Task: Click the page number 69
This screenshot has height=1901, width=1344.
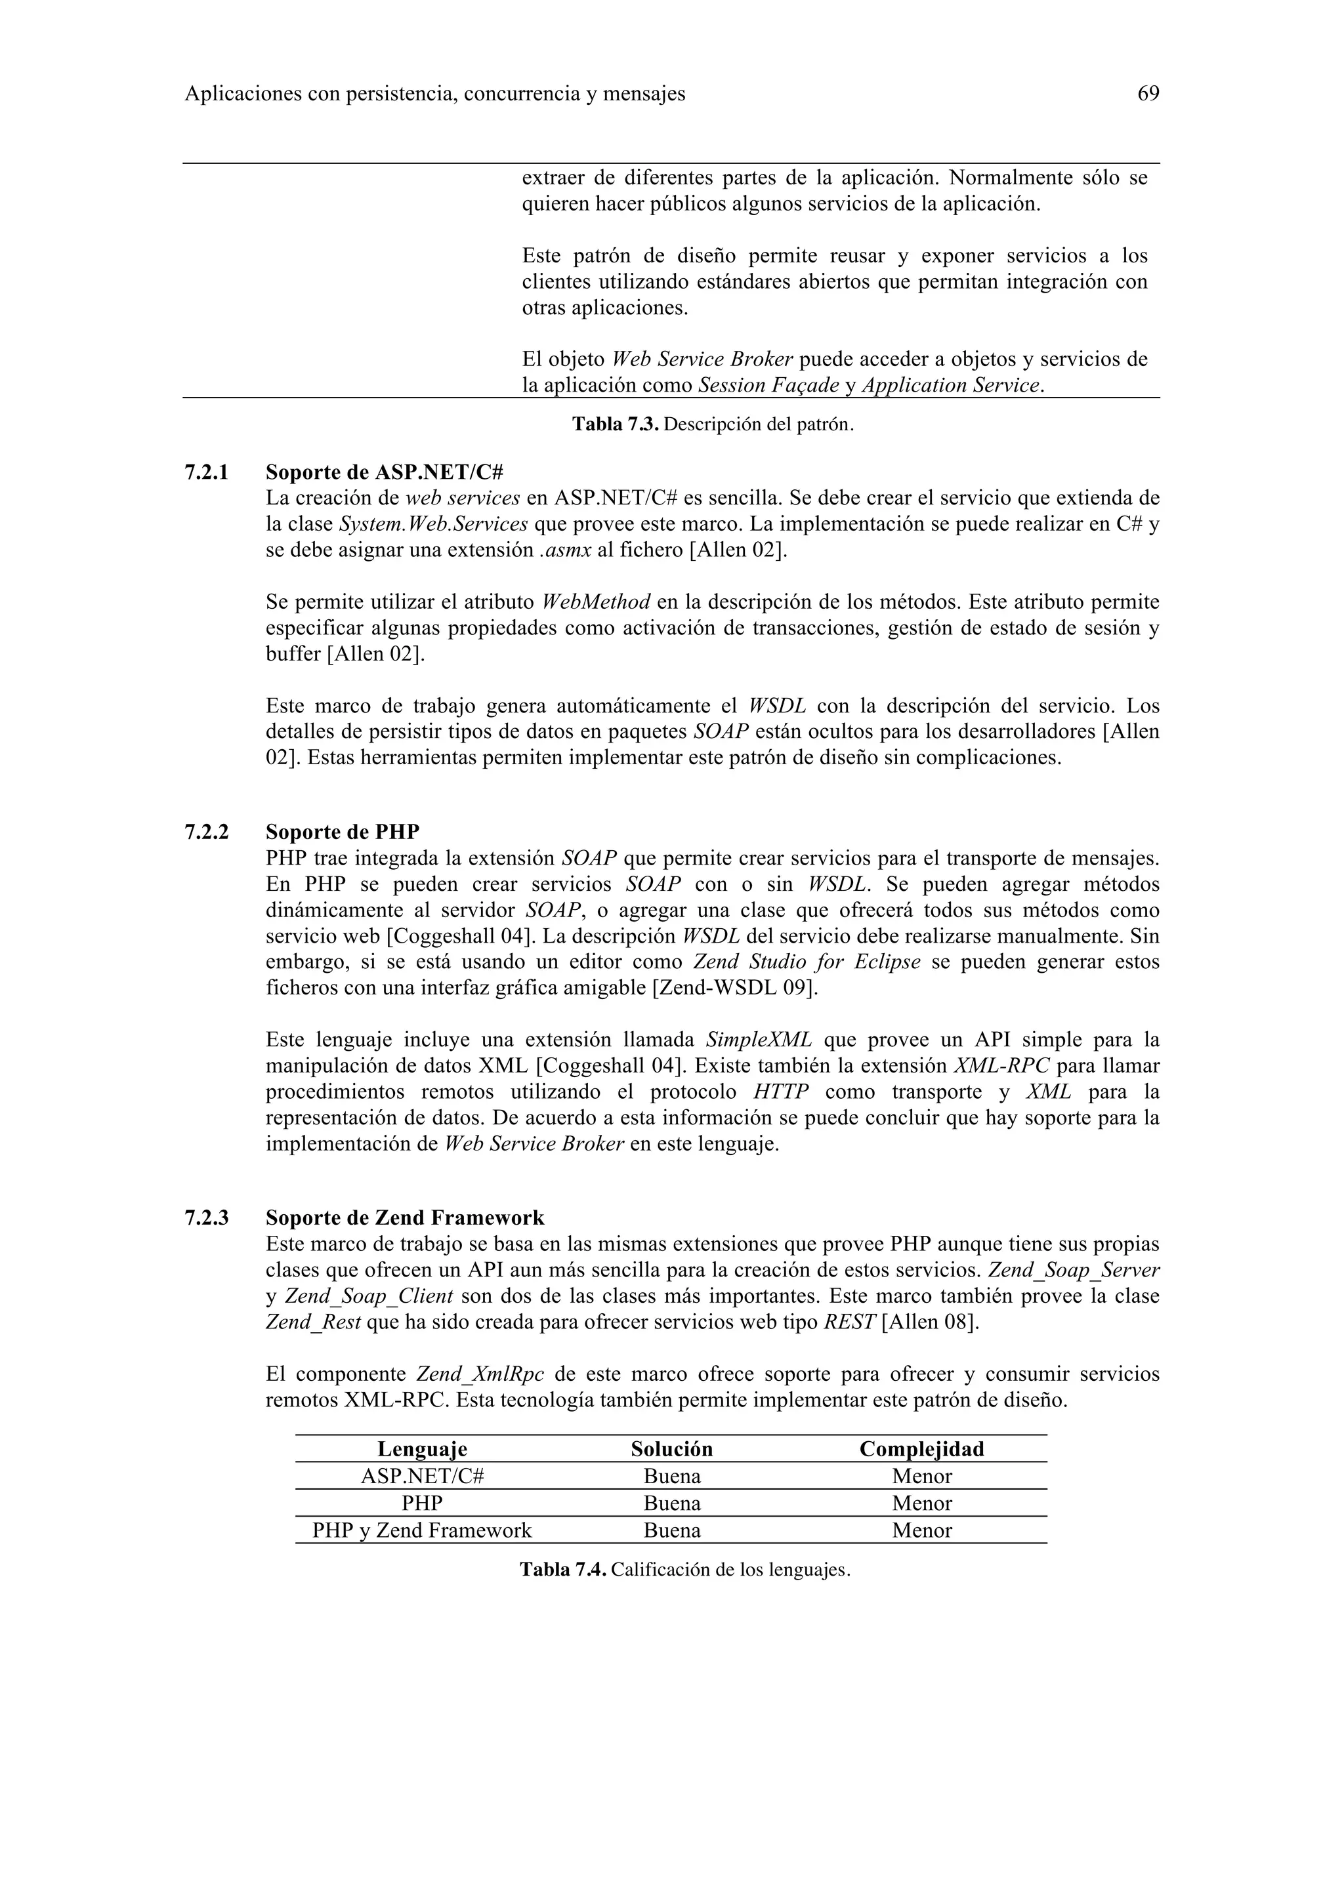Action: tap(1148, 94)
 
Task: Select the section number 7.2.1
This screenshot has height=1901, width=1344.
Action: tap(206, 473)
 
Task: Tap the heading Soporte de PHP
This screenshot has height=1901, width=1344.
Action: tap(342, 832)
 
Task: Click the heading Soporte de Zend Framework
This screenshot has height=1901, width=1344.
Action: tap(404, 1218)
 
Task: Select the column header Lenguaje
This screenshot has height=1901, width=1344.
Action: tap(423, 1449)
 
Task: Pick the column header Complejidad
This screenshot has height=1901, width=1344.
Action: tap(921, 1449)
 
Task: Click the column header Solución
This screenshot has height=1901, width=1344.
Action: tap(671, 1449)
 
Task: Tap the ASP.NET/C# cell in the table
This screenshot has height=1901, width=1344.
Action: tap(423, 1476)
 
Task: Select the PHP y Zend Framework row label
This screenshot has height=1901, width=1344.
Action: tap(423, 1530)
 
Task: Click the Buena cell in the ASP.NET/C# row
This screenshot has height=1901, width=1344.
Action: tap(671, 1476)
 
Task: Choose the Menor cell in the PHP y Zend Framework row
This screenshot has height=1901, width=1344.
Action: tap(921, 1530)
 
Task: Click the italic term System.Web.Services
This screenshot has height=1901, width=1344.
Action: tap(433, 524)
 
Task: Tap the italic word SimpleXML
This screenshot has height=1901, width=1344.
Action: tap(759, 1040)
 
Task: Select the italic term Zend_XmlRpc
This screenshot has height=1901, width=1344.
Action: tap(480, 1374)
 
